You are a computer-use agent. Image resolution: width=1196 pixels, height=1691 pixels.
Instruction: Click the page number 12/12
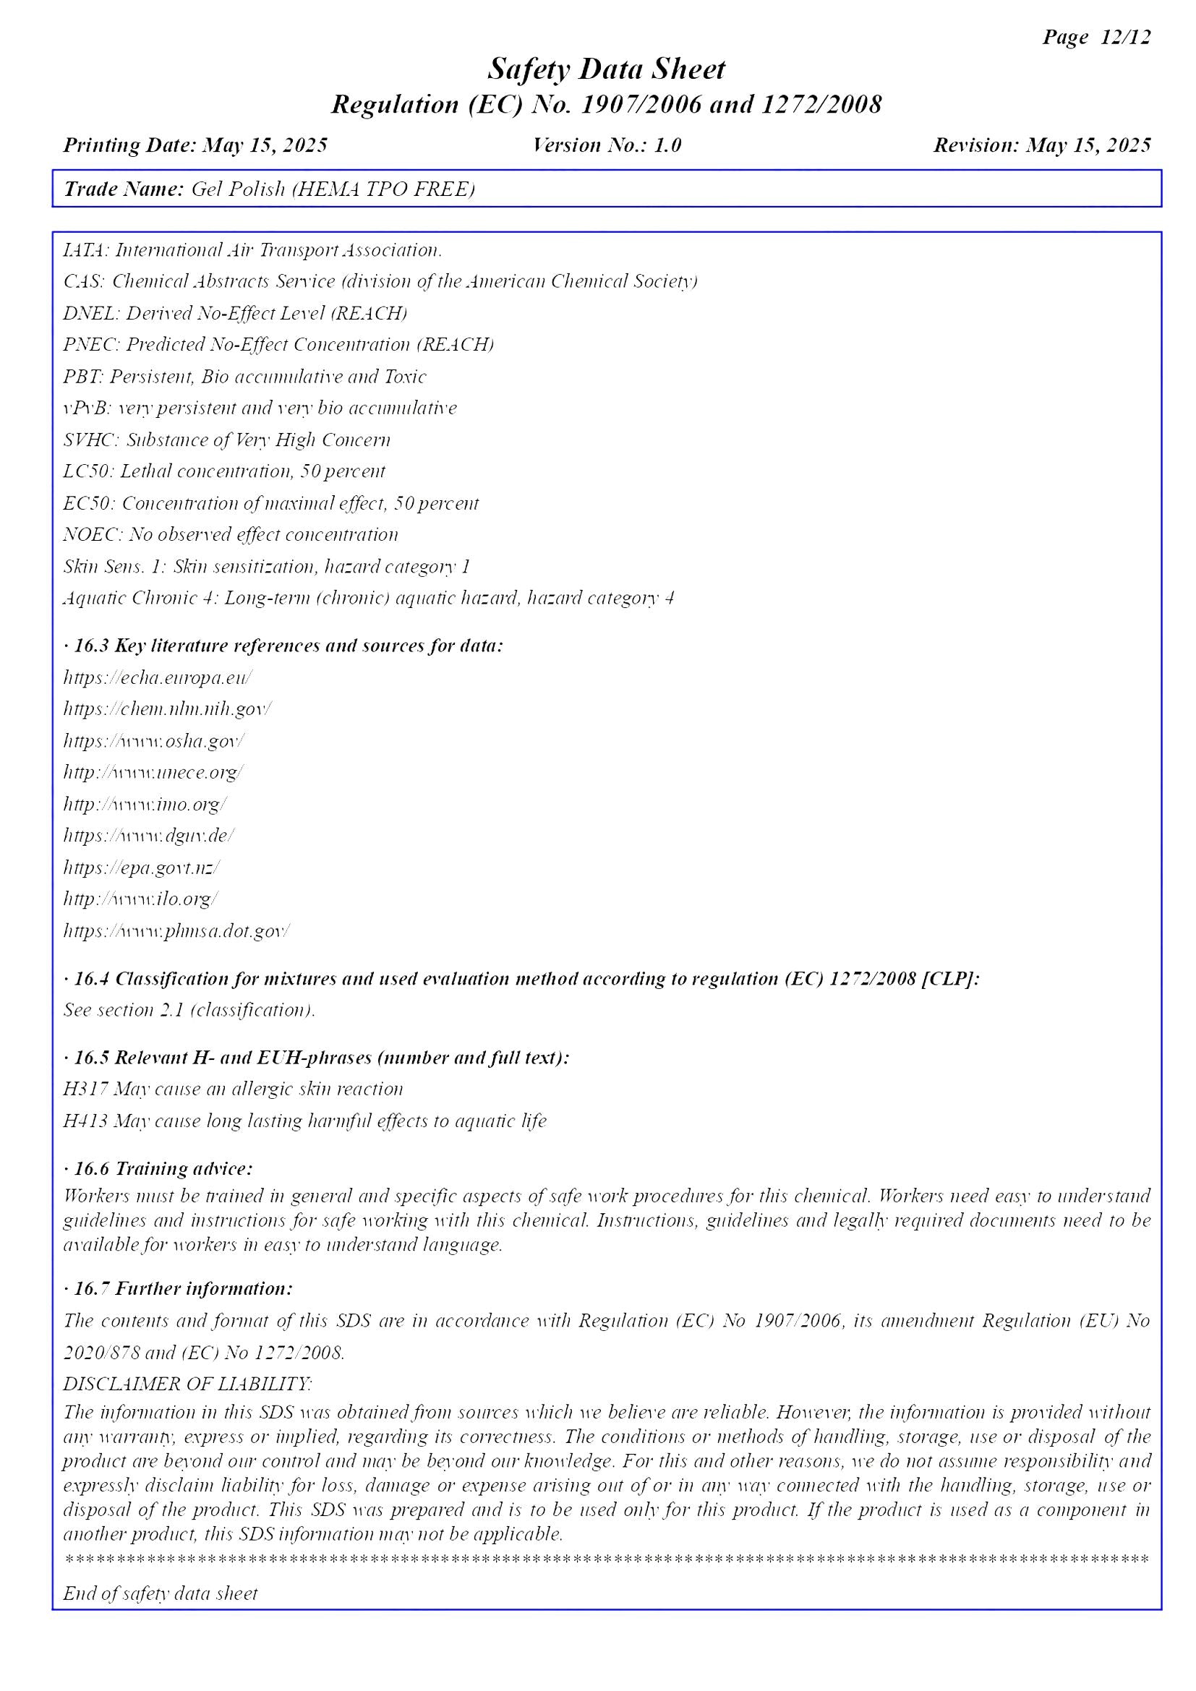click(x=1124, y=37)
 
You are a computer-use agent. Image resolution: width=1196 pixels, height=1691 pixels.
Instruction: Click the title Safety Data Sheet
click(x=605, y=69)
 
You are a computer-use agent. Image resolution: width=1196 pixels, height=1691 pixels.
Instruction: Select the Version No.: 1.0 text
click(x=607, y=145)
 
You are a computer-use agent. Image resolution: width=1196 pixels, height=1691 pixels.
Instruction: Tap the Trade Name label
click(x=123, y=189)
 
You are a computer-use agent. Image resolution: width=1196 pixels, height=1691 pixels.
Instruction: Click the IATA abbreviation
click(x=85, y=250)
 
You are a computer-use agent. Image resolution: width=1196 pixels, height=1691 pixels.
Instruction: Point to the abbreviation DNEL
click(x=90, y=314)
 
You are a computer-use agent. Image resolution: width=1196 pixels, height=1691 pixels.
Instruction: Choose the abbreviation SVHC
click(x=90, y=440)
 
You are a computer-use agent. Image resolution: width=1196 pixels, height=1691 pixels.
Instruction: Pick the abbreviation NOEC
click(x=91, y=535)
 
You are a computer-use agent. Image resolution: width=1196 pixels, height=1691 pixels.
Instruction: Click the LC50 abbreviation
click(x=87, y=471)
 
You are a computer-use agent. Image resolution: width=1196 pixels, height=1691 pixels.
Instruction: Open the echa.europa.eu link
click(x=158, y=677)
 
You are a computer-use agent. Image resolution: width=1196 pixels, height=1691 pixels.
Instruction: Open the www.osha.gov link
click(x=154, y=741)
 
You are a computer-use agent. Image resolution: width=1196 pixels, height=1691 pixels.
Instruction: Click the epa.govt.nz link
click(x=141, y=868)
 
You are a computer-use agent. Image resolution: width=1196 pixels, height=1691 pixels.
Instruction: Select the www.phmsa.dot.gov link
click(x=176, y=931)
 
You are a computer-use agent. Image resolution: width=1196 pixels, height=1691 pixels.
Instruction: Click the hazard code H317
click(x=84, y=1089)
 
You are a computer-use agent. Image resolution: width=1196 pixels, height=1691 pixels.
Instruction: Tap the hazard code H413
click(x=85, y=1121)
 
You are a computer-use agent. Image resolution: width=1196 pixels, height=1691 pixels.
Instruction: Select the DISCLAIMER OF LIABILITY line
click(x=187, y=1384)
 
